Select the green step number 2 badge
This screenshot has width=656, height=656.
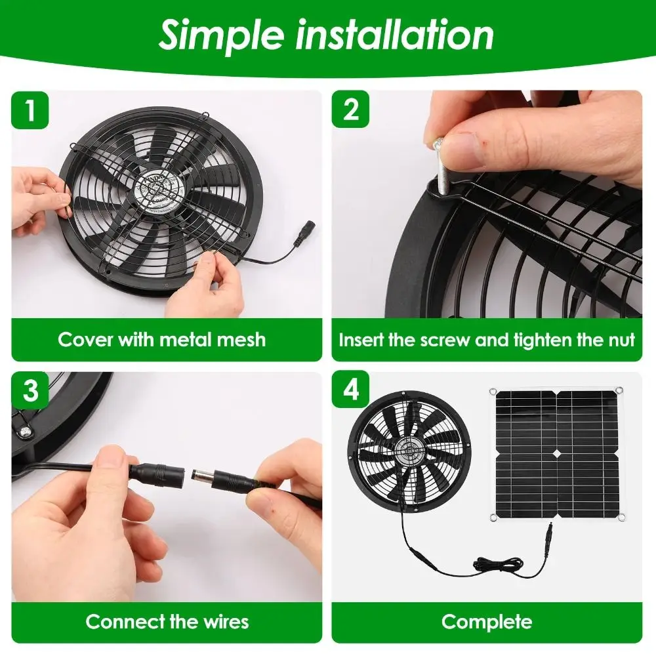pos(351,110)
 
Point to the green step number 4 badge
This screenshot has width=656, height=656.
pos(351,391)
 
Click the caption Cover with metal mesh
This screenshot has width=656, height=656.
pos(161,339)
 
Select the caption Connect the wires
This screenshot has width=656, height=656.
pos(167,621)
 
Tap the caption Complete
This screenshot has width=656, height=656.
pos(487,621)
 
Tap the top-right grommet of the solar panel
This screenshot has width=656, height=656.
pos(620,392)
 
